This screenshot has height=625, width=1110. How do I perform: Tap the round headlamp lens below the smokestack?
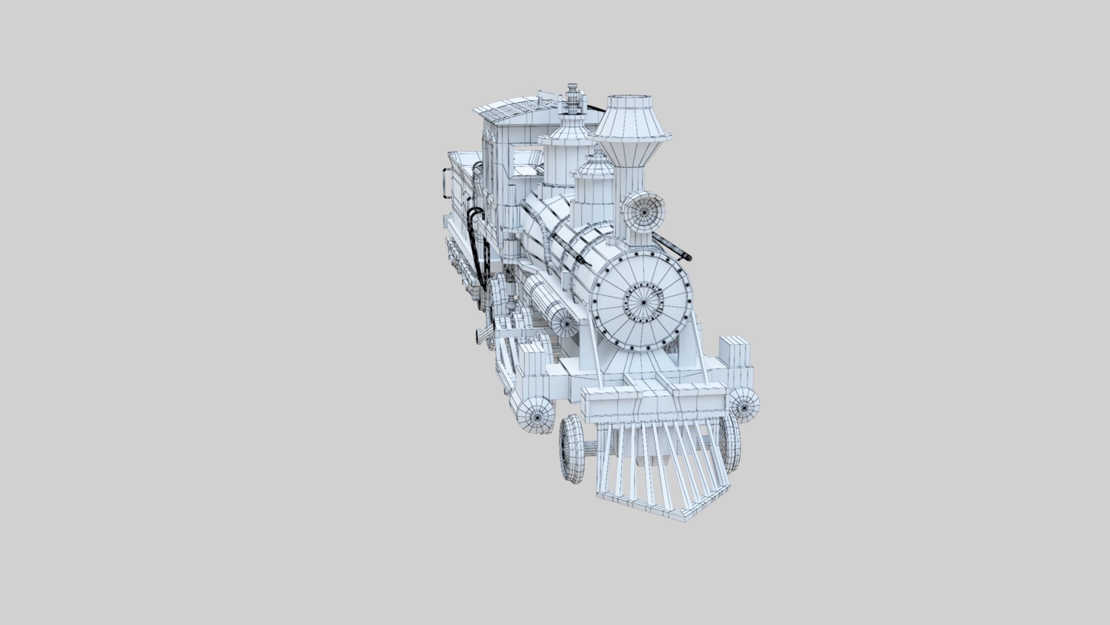[644, 213]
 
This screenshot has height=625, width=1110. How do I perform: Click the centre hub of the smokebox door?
[644, 303]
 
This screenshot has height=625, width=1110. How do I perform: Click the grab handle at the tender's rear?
[445, 182]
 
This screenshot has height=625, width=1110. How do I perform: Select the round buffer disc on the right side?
[744, 405]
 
